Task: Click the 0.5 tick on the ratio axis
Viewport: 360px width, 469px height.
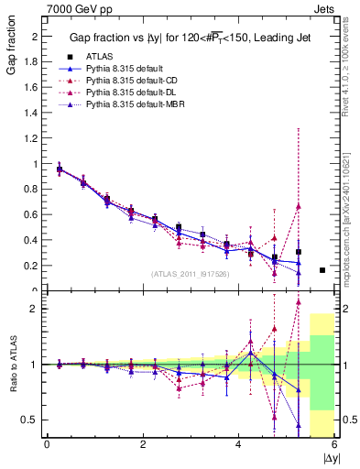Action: (x=34, y=420)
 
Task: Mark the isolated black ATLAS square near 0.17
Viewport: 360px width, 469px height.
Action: (x=322, y=270)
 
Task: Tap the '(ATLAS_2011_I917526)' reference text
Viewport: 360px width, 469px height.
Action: (x=190, y=274)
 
